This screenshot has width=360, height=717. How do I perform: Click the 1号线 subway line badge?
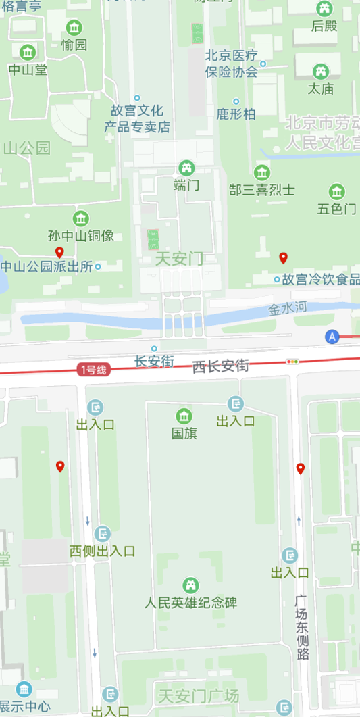pyautogui.click(x=93, y=369)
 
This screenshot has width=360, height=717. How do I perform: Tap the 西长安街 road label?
pyautogui.click(x=220, y=366)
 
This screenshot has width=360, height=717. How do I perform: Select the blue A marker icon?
pyautogui.click(x=332, y=336)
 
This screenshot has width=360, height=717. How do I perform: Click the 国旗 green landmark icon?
pyautogui.click(x=184, y=416)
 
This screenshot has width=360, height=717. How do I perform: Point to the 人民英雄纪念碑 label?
pyautogui.click(x=191, y=602)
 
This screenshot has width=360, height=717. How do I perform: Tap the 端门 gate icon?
pyautogui.click(x=186, y=168)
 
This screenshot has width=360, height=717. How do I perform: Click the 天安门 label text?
pyautogui.click(x=179, y=259)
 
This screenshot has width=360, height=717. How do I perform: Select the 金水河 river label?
pyautogui.click(x=288, y=309)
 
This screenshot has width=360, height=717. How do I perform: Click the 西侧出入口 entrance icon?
pyautogui.click(x=103, y=534)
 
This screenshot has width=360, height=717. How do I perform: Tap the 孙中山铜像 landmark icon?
pyautogui.click(x=80, y=218)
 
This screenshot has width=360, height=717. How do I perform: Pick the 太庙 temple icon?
pyautogui.click(x=322, y=71)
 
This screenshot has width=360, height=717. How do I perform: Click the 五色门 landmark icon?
pyautogui.click(x=336, y=191)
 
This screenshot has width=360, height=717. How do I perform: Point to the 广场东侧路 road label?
pyautogui.click(x=303, y=627)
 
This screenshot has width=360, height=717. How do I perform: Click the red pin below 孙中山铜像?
pyautogui.click(x=59, y=253)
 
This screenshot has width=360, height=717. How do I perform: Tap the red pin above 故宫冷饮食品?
pyautogui.click(x=284, y=257)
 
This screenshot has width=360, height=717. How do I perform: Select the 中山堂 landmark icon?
pyautogui.click(x=28, y=52)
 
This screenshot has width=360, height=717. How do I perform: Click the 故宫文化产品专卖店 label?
pyautogui.click(x=136, y=119)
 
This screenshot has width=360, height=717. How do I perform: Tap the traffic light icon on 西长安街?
pyautogui.click(x=292, y=362)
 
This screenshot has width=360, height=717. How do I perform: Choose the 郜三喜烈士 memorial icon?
pyautogui.click(x=261, y=172)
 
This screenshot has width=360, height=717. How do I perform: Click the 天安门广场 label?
pyautogui.click(x=198, y=695)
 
